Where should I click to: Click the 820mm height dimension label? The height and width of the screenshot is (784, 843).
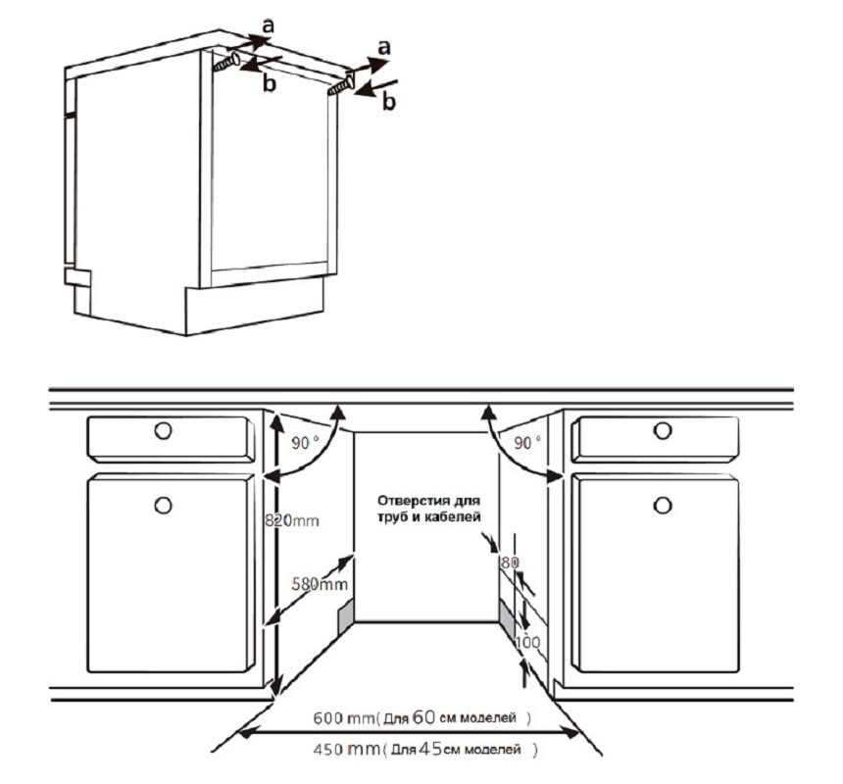tap(291, 520)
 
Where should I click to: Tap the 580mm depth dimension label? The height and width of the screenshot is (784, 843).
tap(320, 583)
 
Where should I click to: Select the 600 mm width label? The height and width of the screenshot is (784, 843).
tap(343, 718)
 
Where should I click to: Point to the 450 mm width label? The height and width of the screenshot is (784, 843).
tap(346, 749)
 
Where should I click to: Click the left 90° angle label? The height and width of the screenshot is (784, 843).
tap(304, 443)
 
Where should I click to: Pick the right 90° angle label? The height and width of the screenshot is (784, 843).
tap(527, 443)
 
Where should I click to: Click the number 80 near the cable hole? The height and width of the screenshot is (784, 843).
tap(510, 563)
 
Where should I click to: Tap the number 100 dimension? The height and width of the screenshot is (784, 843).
tap(527, 642)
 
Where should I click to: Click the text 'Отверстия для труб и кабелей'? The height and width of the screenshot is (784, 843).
tap(428, 509)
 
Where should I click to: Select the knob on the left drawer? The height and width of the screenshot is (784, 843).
tap(163, 430)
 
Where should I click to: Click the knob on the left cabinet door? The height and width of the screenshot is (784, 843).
tap(163, 505)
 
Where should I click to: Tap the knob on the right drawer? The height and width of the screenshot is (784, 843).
tap(663, 430)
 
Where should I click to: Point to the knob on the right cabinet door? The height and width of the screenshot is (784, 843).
tap(663, 505)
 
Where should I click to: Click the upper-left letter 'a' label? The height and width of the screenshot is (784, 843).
tap(268, 25)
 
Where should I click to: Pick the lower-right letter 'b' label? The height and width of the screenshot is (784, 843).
tap(389, 101)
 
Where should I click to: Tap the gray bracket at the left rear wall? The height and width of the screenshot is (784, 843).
tap(346, 613)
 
